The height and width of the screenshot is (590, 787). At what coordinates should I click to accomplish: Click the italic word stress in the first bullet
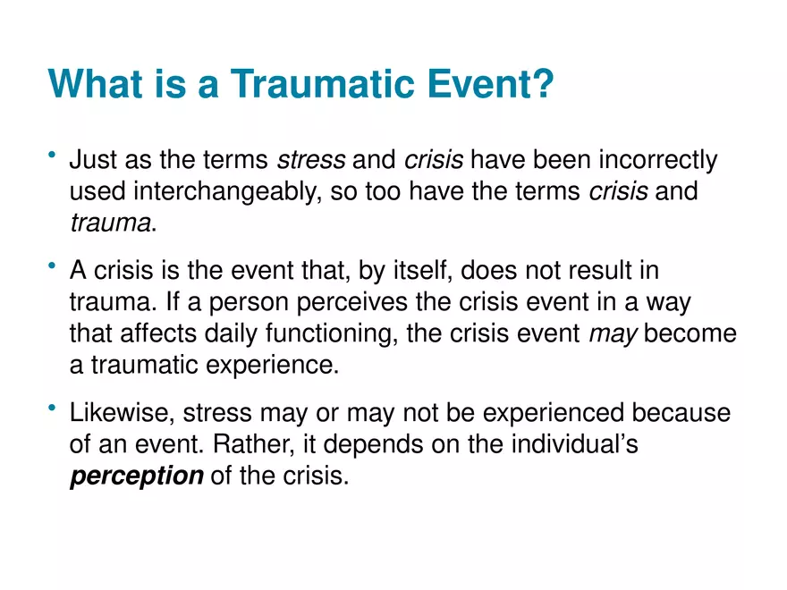point(311,161)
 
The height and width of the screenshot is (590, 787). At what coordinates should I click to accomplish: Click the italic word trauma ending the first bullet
point(110,223)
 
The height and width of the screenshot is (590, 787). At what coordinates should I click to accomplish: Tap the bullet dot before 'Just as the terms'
point(54,157)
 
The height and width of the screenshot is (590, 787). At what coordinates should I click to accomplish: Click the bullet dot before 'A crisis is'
point(54,267)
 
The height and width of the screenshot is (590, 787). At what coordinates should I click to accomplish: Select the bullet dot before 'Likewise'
point(54,409)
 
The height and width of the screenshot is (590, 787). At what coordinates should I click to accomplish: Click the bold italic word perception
point(137,476)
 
